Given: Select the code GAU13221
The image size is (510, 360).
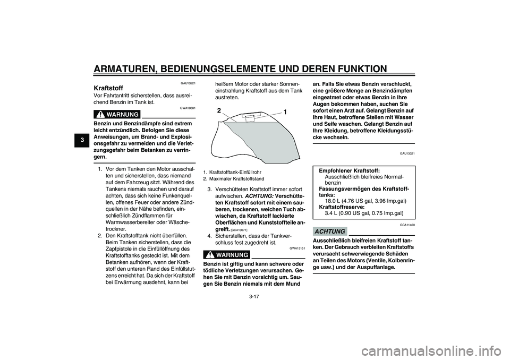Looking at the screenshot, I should click(x=188, y=83).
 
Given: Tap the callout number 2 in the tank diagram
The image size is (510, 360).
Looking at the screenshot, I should click(x=219, y=111).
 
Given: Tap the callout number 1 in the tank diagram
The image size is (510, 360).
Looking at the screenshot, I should click(x=285, y=113).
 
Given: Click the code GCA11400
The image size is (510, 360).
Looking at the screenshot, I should click(x=407, y=225).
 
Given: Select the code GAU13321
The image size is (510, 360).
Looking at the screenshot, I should click(x=407, y=153).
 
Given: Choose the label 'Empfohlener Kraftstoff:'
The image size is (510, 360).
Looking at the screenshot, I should click(x=349, y=170).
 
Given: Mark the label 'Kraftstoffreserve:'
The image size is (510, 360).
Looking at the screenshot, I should click(x=342, y=207).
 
